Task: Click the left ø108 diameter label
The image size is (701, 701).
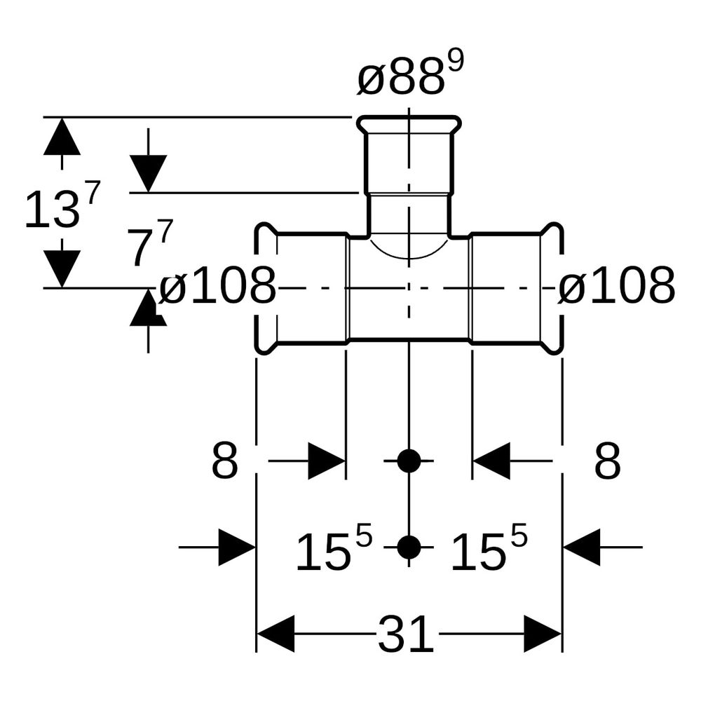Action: tap(218, 285)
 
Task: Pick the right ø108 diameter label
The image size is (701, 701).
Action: tap(616, 285)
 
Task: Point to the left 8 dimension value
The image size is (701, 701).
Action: tap(224, 461)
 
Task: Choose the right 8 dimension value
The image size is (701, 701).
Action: tap(608, 461)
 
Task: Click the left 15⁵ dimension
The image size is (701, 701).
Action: tap(334, 547)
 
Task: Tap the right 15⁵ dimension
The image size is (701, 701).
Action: tap(489, 547)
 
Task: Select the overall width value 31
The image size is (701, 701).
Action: tap(406, 634)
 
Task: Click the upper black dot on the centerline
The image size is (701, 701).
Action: tap(409, 461)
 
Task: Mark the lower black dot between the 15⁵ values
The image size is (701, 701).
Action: tap(409, 547)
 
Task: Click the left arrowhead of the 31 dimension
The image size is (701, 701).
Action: tap(275, 634)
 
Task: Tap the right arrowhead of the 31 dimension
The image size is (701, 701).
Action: tap(543, 634)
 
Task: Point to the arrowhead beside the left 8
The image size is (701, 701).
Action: tap(327, 461)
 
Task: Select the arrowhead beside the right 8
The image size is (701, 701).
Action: tap(491, 461)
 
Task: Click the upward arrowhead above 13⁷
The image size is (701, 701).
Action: tap(62, 136)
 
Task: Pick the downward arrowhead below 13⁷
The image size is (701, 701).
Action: tap(62, 268)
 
